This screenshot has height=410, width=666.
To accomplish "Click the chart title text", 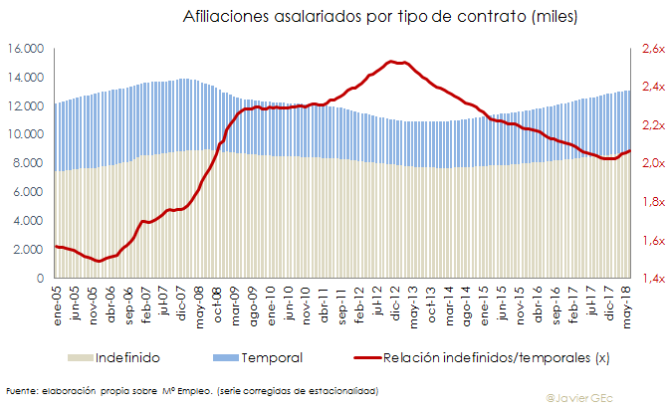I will tap(380, 17).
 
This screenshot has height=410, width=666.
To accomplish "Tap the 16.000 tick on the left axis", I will tap(27, 49).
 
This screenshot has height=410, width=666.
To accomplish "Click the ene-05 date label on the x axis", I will tap(60, 302).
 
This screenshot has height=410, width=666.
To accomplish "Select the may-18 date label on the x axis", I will tap(625, 302).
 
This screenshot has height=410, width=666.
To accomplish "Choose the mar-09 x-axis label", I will tap(236, 302).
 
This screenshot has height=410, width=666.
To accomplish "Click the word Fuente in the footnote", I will tap(21, 391).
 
